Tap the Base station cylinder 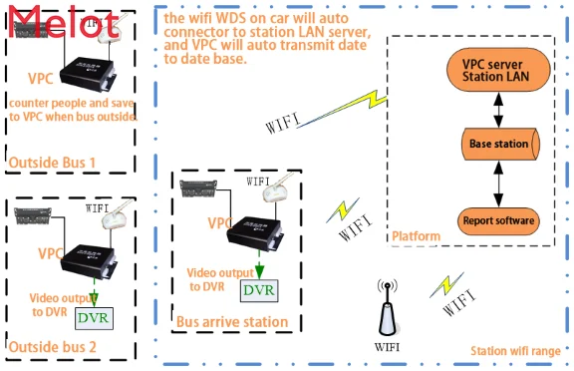point(498,144)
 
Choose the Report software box point(498,219)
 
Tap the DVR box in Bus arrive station point(258,289)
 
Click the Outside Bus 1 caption point(53,162)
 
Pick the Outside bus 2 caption point(53,347)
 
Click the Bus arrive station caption point(232,321)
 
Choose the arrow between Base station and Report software point(498,182)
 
